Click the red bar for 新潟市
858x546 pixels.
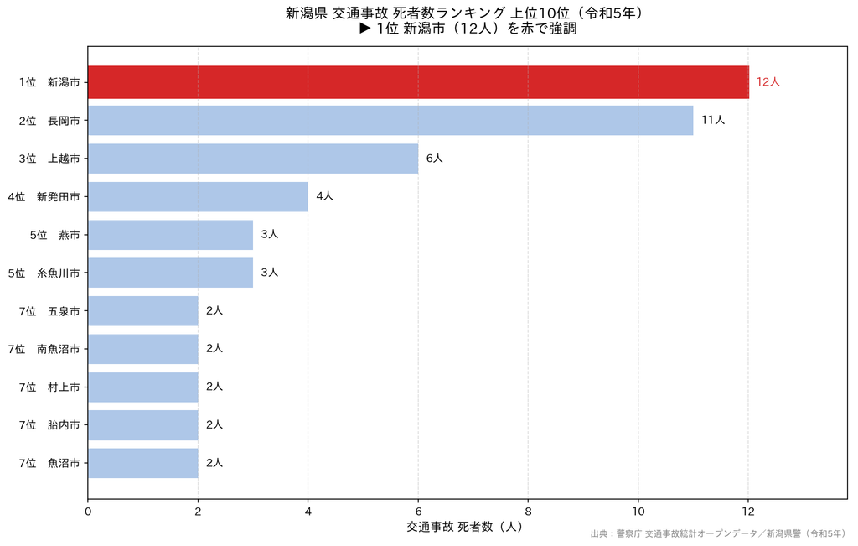[419, 82]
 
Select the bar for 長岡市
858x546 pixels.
[390, 121]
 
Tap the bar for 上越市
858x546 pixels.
[253, 159]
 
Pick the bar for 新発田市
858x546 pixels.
[198, 196]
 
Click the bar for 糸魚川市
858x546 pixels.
[171, 273]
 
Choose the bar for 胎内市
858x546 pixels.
[142, 425]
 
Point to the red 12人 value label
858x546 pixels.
[768, 81]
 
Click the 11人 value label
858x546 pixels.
[713, 120]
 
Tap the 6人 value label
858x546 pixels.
[435, 159]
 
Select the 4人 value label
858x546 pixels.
[324, 196]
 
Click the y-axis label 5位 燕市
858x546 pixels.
[54, 235]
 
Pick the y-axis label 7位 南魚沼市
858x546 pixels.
[44, 349]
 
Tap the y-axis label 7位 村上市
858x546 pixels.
[49, 387]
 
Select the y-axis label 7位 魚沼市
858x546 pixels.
[49, 463]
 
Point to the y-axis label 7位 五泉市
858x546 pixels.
[49, 311]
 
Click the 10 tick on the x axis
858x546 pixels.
[638, 512]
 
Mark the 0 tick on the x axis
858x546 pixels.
[88, 512]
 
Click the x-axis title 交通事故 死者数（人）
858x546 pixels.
[464, 527]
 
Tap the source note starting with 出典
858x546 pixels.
[718, 533]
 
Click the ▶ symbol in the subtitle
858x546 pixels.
[365, 29]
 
